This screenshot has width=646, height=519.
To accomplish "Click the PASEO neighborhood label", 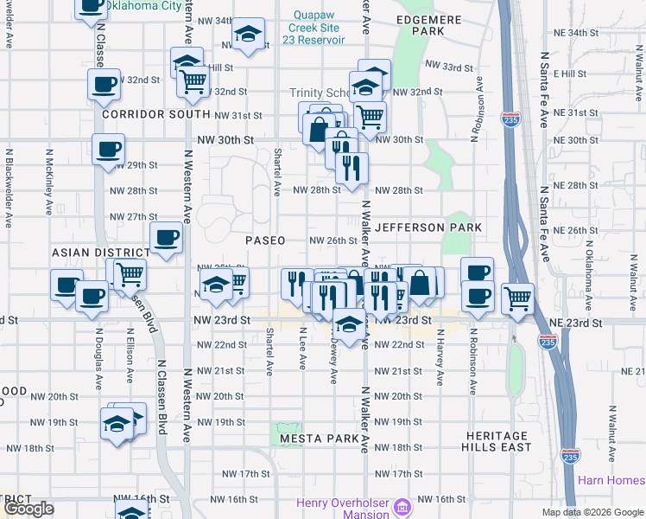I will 265,240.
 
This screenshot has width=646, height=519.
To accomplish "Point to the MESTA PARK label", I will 320,439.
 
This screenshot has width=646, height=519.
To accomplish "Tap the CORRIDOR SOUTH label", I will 155,114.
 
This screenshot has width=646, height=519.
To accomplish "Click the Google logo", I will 28,509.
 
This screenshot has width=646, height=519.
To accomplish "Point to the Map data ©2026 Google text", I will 592,512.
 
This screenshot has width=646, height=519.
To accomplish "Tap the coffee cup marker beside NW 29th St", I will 108,149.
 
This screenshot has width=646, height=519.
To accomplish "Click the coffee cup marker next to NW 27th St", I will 166,236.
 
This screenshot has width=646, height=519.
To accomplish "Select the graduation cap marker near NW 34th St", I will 249,34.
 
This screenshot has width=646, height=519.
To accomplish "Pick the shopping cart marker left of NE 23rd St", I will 517,298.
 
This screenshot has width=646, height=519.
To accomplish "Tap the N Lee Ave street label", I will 303,349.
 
